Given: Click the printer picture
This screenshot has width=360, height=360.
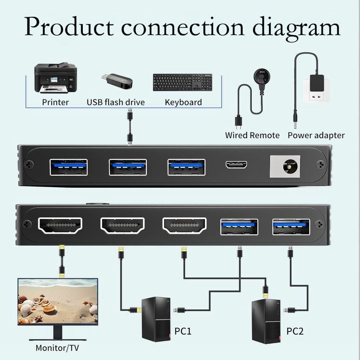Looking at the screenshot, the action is click(x=55, y=78).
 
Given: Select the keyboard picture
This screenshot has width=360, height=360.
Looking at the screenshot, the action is click(x=183, y=82).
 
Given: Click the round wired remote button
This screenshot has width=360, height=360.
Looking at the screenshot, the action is click(x=262, y=76).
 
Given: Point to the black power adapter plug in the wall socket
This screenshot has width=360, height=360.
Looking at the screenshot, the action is click(x=317, y=83).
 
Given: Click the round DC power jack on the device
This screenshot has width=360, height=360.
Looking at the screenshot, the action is click(x=290, y=166).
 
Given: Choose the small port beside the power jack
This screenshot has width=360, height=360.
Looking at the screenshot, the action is click(x=236, y=165).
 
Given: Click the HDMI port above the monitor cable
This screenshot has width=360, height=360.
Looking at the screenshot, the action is click(x=60, y=225).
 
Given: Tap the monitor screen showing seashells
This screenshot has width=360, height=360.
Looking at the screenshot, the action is click(x=58, y=301).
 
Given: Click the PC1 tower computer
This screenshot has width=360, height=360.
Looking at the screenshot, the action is click(x=156, y=319).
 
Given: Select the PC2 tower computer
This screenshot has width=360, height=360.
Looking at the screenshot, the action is click(x=266, y=321).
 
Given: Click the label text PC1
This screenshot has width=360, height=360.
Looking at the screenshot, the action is click(x=183, y=331).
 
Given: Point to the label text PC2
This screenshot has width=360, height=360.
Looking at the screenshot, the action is click(x=295, y=331).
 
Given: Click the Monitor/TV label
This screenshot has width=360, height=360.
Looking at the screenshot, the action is click(x=57, y=348).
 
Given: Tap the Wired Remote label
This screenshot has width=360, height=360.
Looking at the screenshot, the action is click(x=252, y=135).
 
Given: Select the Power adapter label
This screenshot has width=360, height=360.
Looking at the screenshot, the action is click(x=316, y=135).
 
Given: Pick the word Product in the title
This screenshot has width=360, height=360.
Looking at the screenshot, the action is click(x=69, y=26).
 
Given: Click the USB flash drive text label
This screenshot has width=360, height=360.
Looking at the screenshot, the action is click(x=116, y=102).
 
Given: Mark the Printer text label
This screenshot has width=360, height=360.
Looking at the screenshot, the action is click(x=55, y=102).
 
